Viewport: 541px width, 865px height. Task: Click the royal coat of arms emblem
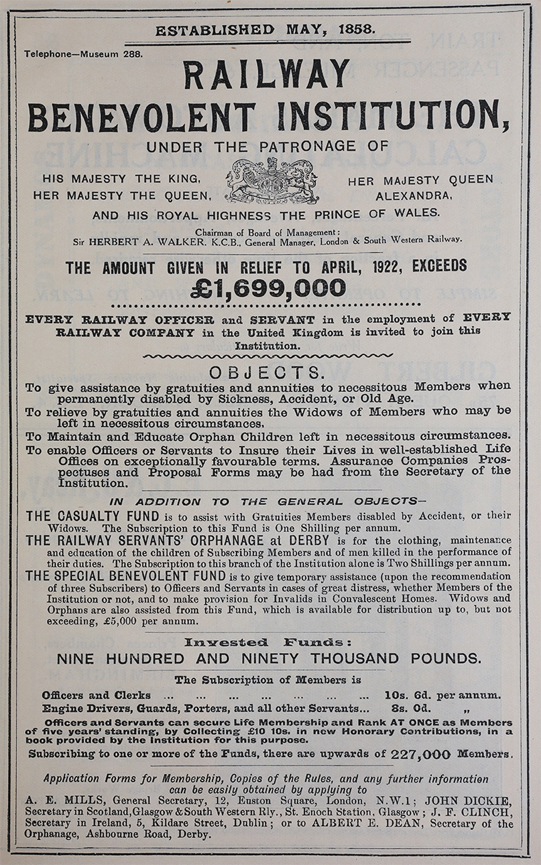[x=272, y=182]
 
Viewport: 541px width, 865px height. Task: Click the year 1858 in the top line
[x=376, y=30]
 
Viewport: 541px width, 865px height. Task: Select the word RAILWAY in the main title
[x=267, y=75]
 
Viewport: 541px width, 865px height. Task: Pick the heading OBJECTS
[x=266, y=373]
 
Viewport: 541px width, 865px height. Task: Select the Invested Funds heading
[x=267, y=642]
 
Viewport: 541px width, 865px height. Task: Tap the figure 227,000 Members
[x=421, y=754]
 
